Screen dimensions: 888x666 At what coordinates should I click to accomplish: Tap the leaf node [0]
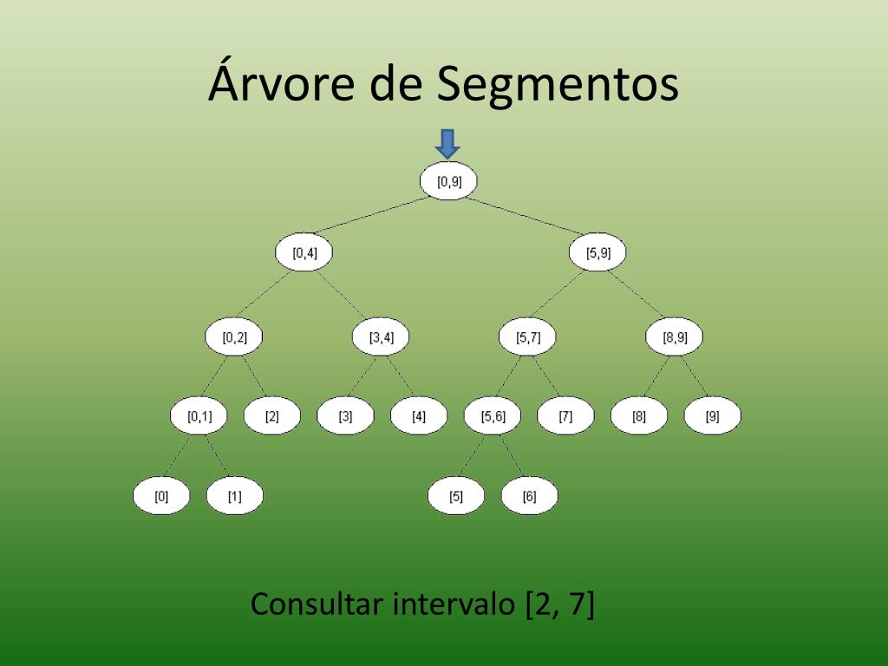pyautogui.click(x=161, y=498)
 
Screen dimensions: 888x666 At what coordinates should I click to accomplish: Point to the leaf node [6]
pyautogui.click(x=529, y=498)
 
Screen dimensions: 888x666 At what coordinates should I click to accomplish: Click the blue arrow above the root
pyautogui.click(x=447, y=143)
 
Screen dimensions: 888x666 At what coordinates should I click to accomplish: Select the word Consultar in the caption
pyautogui.click(x=317, y=604)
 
